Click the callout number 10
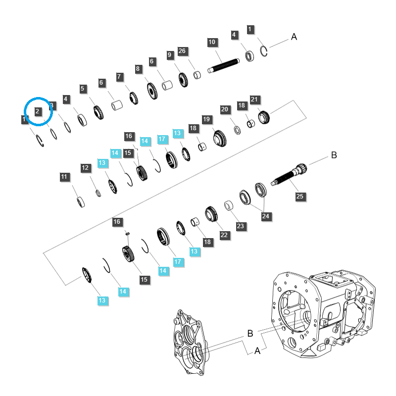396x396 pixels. click(212, 42)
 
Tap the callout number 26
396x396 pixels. click(182, 51)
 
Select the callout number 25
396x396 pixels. click(300, 197)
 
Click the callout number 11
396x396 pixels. click(65, 177)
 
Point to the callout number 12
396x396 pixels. click(86, 168)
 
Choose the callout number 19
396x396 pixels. click(207, 119)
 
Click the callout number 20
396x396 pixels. click(225, 109)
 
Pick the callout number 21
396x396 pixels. click(255, 99)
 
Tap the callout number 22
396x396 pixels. click(224, 235)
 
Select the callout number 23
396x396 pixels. click(241, 226)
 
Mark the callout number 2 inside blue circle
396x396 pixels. click(37, 111)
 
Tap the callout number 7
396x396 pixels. click(119, 77)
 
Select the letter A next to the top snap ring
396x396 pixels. click(294, 37)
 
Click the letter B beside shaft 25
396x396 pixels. click(334, 155)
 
